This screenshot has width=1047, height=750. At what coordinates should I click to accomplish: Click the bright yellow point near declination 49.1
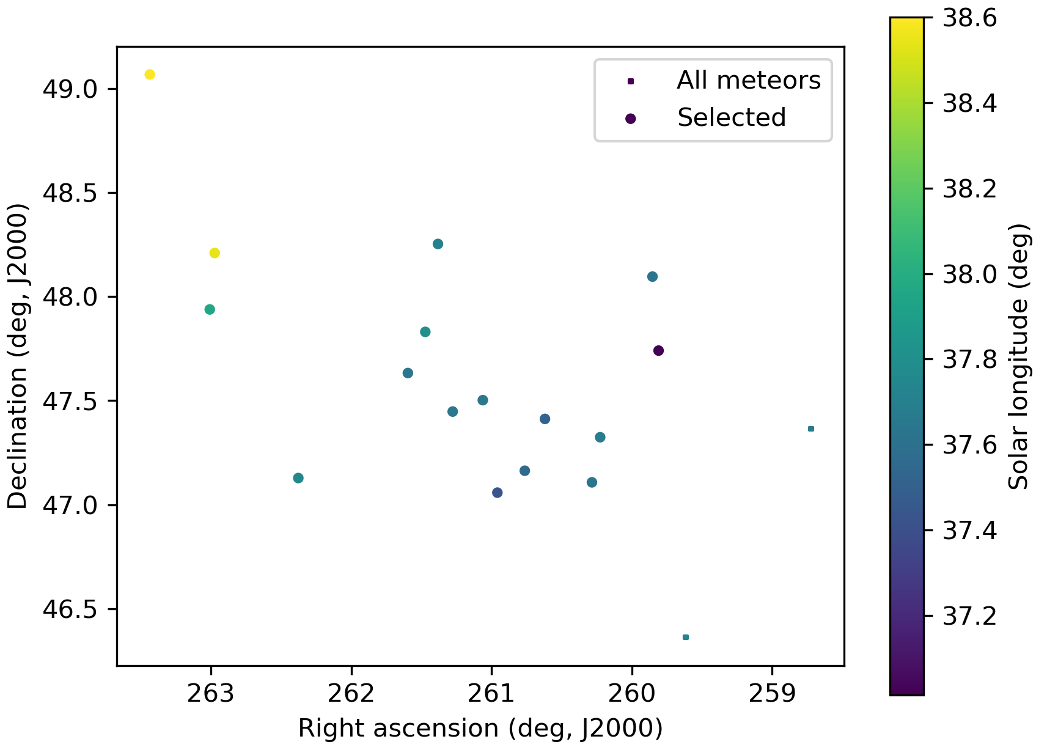[150, 75]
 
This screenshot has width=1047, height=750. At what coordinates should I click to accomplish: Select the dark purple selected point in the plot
[658, 350]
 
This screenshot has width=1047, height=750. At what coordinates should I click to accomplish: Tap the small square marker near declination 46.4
[686, 637]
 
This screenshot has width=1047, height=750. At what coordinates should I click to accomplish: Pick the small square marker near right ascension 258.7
[811, 428]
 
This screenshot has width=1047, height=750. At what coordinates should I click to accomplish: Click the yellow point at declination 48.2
[215, 253]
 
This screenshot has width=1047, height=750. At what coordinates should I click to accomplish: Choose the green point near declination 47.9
[210, 309]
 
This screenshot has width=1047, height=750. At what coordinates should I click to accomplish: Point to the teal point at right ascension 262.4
[298, 478]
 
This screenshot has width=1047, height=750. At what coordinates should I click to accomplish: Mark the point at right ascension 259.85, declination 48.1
[652, 276]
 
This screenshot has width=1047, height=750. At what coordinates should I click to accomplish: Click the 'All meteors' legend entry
[748, 81]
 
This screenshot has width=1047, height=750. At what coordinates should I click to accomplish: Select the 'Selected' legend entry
[731, 117]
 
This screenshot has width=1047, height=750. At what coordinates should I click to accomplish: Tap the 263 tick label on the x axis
[211, 694]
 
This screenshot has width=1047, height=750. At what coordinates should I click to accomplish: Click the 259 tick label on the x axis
[772, 694]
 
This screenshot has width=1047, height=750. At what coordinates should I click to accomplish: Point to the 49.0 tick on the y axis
[70, 89]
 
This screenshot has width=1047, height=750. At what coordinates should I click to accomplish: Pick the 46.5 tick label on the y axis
[70, 609]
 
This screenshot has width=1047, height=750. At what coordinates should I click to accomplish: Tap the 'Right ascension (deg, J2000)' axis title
[480, 729]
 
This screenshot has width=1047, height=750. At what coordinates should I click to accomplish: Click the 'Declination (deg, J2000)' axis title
[18, 356]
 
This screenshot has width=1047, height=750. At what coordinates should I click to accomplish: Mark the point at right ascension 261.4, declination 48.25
[438, 244]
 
